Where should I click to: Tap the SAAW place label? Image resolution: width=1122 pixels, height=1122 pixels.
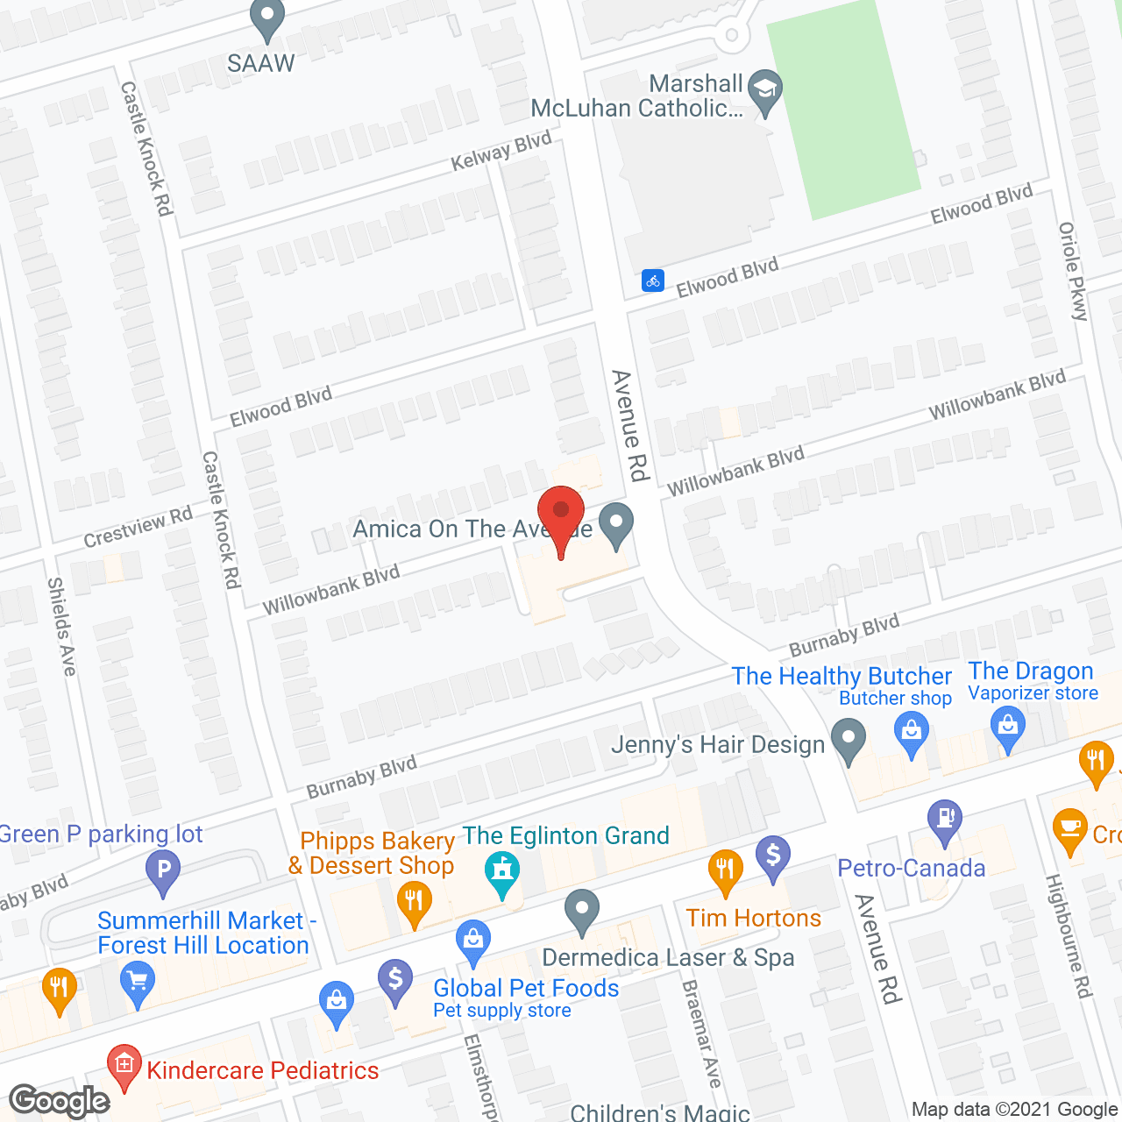click(261, 63)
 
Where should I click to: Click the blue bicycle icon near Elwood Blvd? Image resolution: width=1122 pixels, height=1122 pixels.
click(652, 280)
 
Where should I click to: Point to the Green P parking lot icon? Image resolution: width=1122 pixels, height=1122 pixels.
click(163, 871)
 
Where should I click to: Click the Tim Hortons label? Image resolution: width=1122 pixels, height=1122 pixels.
click(753, 918)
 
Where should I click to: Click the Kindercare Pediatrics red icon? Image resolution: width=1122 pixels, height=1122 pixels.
click(124, 1066)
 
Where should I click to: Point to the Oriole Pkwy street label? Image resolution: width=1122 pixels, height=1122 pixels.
click(1073, 272)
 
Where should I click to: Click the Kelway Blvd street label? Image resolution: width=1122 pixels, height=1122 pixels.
click(501, 151)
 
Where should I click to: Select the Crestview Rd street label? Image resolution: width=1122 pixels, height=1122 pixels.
click(138, 527)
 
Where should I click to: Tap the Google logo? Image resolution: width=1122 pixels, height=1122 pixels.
click(60, 1101)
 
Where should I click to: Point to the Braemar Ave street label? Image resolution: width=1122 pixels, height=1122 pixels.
click(701, 1034)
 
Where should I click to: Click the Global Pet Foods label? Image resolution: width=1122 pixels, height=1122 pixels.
click(526, 988)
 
